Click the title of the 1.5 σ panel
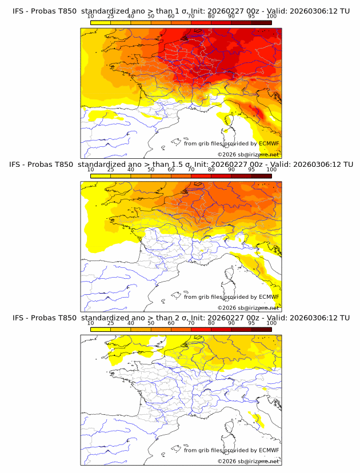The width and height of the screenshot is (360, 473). point(181,164)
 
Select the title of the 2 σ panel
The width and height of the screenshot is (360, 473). point(181,318)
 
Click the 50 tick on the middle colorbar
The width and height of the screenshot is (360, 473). point(151,170)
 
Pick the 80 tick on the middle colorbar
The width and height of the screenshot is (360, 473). point(211,170)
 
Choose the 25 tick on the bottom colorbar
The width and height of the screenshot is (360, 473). point(111,323)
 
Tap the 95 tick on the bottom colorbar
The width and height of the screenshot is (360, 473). point(251,323)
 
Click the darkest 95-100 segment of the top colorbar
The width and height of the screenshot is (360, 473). point(261,23)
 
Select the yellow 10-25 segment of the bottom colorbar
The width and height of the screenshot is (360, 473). point(101,330)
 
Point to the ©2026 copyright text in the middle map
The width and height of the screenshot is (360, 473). point(248,307)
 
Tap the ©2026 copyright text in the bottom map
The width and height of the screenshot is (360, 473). point(248,461)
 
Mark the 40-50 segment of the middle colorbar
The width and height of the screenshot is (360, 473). point(141,176)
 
